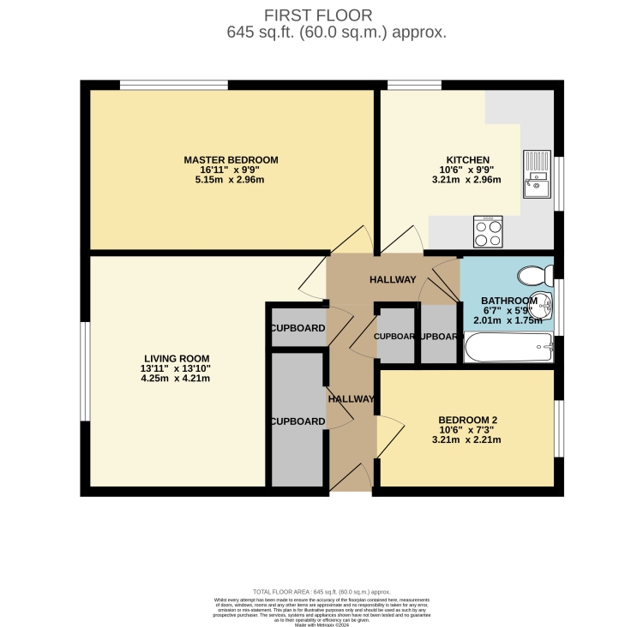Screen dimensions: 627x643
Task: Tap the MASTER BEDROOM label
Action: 231,159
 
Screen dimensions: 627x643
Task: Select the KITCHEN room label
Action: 467,159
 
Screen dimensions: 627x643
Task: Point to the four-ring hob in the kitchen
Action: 488,231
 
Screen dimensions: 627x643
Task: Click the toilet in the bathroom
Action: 533,275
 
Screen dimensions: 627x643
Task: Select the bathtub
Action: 508,348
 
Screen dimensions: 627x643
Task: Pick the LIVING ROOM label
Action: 176,358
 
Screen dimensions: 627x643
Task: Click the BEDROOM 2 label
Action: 467,420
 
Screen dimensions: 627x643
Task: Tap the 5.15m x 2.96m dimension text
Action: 231,180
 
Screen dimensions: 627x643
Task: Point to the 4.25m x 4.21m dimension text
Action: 176,378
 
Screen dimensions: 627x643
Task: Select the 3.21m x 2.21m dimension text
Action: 467,439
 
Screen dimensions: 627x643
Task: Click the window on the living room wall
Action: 85,371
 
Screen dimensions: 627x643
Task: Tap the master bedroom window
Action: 173,85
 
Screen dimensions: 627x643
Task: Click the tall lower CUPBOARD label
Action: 297,421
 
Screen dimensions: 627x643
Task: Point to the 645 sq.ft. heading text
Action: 336,33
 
